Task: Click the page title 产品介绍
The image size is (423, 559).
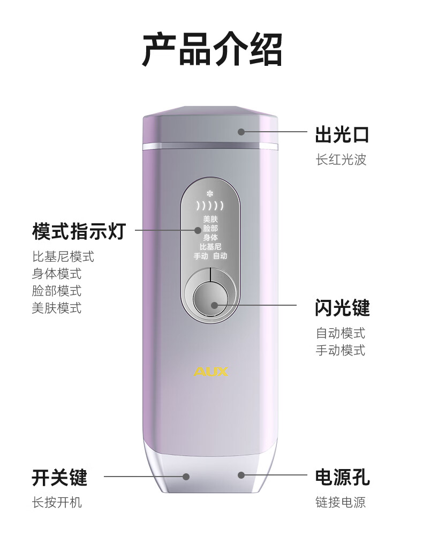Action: [211, 49]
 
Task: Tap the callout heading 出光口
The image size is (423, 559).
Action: [342, 135]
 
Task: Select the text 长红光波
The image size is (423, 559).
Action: [341, 160]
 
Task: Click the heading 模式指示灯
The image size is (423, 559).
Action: [78, 231]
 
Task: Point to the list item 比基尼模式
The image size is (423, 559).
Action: [63, 256]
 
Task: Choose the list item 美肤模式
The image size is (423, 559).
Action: [56, 308]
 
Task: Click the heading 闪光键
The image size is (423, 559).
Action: [342, 308]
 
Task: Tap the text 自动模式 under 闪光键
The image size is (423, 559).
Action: [341, 333]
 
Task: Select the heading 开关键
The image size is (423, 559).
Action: [59, 477]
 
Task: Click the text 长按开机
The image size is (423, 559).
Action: [56, 502]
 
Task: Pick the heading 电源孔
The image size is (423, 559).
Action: [342, 477]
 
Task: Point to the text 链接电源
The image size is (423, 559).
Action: [341, 502]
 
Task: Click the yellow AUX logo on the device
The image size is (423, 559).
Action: [211, 371]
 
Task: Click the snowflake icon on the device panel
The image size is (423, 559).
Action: [209, 193]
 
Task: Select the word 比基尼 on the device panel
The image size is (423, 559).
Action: [210, 247]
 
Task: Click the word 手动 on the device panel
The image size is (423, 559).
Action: [201, 256]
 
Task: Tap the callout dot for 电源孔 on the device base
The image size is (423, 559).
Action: [241, 475]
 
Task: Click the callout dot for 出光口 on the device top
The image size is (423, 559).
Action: [241, 132]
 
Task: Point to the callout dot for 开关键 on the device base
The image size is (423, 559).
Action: [186, 476]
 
